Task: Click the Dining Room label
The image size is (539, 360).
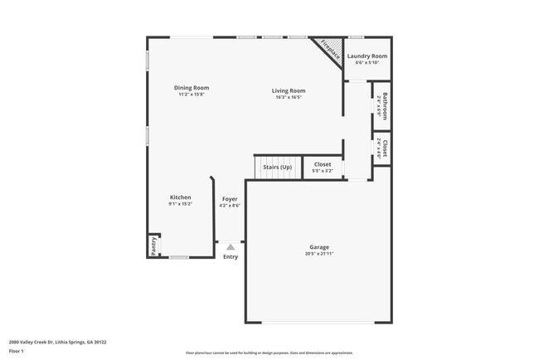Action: pos(191,88)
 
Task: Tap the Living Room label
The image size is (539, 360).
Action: pos(289,90)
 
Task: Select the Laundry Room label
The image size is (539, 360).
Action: pos(366,56)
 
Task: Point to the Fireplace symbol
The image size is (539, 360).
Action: pos(330,49)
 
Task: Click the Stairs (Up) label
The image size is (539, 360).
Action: pos(277,167)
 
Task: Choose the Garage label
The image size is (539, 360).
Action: pos(319,247)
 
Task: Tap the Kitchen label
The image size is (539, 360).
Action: pos(180,197)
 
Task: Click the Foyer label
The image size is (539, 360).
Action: pos(230,199)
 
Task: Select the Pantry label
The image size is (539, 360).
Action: pos(153,246)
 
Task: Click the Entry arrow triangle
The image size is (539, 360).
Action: pos(231,246)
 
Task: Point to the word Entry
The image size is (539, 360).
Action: pos(231,256)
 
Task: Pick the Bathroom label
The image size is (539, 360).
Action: pos(384,105)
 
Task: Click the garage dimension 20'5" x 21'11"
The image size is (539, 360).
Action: pos(319,254)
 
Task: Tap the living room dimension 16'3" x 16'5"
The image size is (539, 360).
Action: pos(289,97)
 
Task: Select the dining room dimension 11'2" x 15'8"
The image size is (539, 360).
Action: pos(191,95)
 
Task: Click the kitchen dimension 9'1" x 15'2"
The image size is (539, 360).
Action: pos(180,204)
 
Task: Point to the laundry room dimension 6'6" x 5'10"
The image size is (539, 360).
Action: pos(366,63)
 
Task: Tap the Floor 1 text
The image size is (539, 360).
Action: pos(17,351)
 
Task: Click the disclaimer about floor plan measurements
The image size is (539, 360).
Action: pos(269,353)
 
